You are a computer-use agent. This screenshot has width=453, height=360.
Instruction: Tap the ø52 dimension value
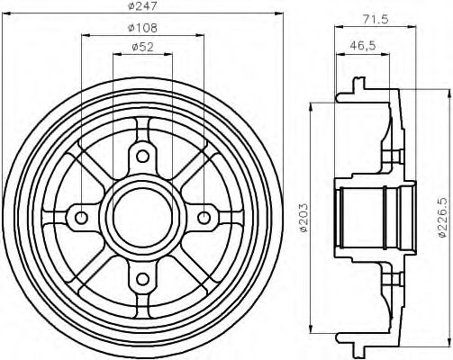pos(142,47)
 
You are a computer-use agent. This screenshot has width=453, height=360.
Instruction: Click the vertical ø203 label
pos(304,217)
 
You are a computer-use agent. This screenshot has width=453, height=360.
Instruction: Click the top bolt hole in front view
pos(142,157)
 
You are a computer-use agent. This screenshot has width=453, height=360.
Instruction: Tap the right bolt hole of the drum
pos(204,217)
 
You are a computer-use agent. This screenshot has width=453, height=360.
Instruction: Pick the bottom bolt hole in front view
pos(142,278)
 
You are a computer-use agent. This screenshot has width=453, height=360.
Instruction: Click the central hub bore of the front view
pos(142,217)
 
